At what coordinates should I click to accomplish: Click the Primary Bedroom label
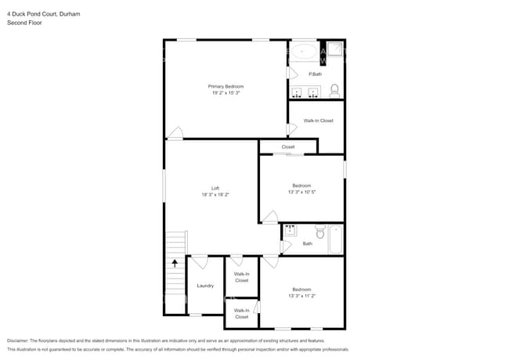tap(226, 86)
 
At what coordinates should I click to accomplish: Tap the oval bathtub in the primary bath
tap(304, 53)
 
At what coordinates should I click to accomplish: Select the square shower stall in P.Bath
tap(334, 52)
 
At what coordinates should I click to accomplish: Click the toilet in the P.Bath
tap(334, 88)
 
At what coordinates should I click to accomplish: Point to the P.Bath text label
tap(315, 74)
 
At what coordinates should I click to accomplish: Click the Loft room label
tap(215, 187)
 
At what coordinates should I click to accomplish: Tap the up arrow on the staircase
tap(175, 263)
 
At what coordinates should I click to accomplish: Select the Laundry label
tap(205, 286)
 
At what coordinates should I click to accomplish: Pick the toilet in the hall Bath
tap(319, 232)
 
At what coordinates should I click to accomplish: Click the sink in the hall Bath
tap(290, 230)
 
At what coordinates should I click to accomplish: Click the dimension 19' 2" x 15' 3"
tap(226, 93)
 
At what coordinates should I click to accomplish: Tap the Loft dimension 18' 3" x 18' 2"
tap(215, 194)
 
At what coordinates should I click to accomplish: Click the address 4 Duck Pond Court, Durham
tap(43, 14)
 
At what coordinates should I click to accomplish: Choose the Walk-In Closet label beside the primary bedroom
tap(319, 121)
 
